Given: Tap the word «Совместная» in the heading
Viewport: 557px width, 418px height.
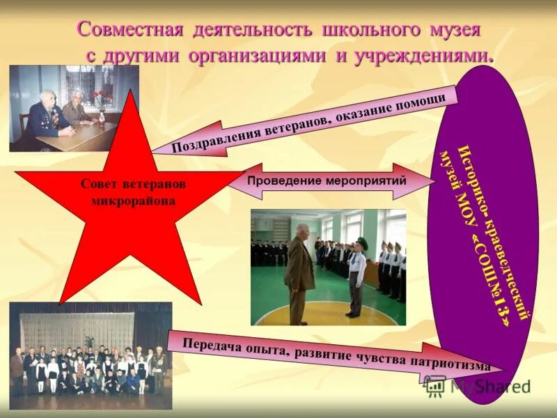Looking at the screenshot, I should [130, 30].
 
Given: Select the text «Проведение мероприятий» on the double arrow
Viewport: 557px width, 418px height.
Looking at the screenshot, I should [327, 181].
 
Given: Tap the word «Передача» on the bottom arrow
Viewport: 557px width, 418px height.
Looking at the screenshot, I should [212, 344].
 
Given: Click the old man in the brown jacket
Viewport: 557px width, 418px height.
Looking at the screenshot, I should [299, 272].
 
